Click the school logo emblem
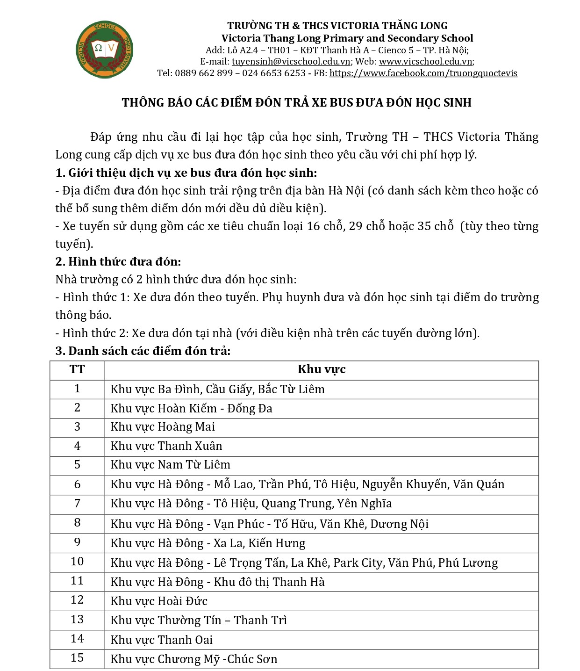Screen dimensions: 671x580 click(x=104, y=49)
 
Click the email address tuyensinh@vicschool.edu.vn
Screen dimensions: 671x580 click(x=291, y=62)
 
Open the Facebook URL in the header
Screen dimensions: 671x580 click(x=423, y=73)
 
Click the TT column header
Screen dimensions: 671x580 click(x=77, y=370)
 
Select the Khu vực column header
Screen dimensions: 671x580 click(x=322, y=370)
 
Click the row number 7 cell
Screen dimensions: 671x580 click(x=77, y=504)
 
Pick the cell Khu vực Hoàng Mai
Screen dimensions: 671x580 click(x=163, y=427)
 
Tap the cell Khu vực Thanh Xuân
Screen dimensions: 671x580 click(x=166, y=446)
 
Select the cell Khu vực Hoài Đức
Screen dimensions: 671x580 click(x=159, y=601)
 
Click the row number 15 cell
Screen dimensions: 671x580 click(x=77, y=658)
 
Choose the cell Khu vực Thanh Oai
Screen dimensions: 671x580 click(x=161, y=640)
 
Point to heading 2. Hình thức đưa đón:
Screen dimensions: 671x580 click(x=118, y=262)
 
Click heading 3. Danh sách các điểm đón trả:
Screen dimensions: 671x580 click(x=143, y=351)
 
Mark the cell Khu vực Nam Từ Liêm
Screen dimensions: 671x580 click(x=170, y=465)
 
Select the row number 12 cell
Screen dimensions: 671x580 click(x=77, y=600)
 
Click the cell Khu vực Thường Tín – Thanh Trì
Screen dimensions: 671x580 click(x=199, y=620)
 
